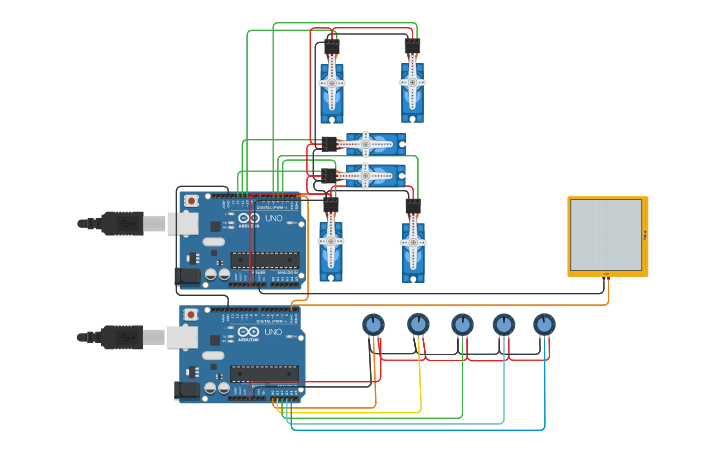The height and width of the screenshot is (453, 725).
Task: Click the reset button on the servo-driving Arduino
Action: pyautogui.click(x=191, y=201)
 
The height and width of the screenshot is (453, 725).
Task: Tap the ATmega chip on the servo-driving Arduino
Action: pyautogui.click(x=265, y=260)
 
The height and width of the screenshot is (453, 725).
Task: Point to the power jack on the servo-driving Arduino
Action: pyautogui.click(x=187, y=275)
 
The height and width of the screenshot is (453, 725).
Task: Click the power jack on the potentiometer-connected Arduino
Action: pyautogui.click(x=187, y=390)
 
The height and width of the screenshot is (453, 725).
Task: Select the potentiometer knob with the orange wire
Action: pyautogui.click(x=373, y=324)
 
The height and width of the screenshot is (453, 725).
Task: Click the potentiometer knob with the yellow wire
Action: pyautogui.click(x=418, y=324)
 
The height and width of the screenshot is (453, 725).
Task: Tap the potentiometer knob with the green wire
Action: pyautogui.click(x=461, y=324)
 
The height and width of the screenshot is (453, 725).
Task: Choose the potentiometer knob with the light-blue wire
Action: pyautogui.click(x=503, y=324)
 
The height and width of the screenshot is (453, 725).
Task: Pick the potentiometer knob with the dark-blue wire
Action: pyautogui.click(x=544, y=324)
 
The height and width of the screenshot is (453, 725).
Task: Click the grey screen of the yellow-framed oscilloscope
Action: pyautogui.click(x=605, y=235)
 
